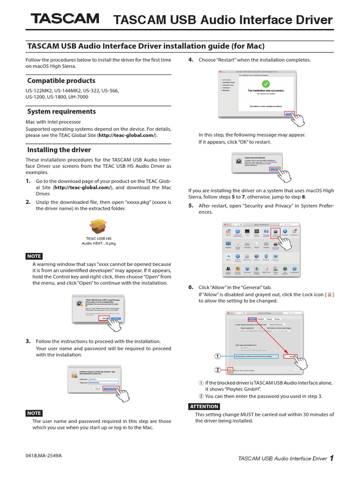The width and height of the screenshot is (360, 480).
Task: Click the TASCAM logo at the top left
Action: click(x=65, y=19)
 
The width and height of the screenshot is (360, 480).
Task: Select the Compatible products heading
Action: click(x=61, y=81)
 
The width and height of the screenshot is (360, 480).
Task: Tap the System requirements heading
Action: click(x=61, y=112)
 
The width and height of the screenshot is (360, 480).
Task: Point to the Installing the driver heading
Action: click(x=59, y=150)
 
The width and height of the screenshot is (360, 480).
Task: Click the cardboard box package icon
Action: click(x=99, y=227)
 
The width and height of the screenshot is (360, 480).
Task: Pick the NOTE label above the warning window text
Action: click(x=34, y=256)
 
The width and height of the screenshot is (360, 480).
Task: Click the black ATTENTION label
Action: click(x=204, y=406)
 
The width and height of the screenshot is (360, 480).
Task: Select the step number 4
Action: click(x=191, y=60)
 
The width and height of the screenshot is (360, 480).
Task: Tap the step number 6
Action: click(x=191, y=287)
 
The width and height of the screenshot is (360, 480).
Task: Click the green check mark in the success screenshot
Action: click(x=266, y=84)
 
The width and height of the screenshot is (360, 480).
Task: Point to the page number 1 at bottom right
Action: click(x=331, y=458)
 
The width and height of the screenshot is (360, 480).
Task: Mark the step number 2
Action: click(x=28, y=202)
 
